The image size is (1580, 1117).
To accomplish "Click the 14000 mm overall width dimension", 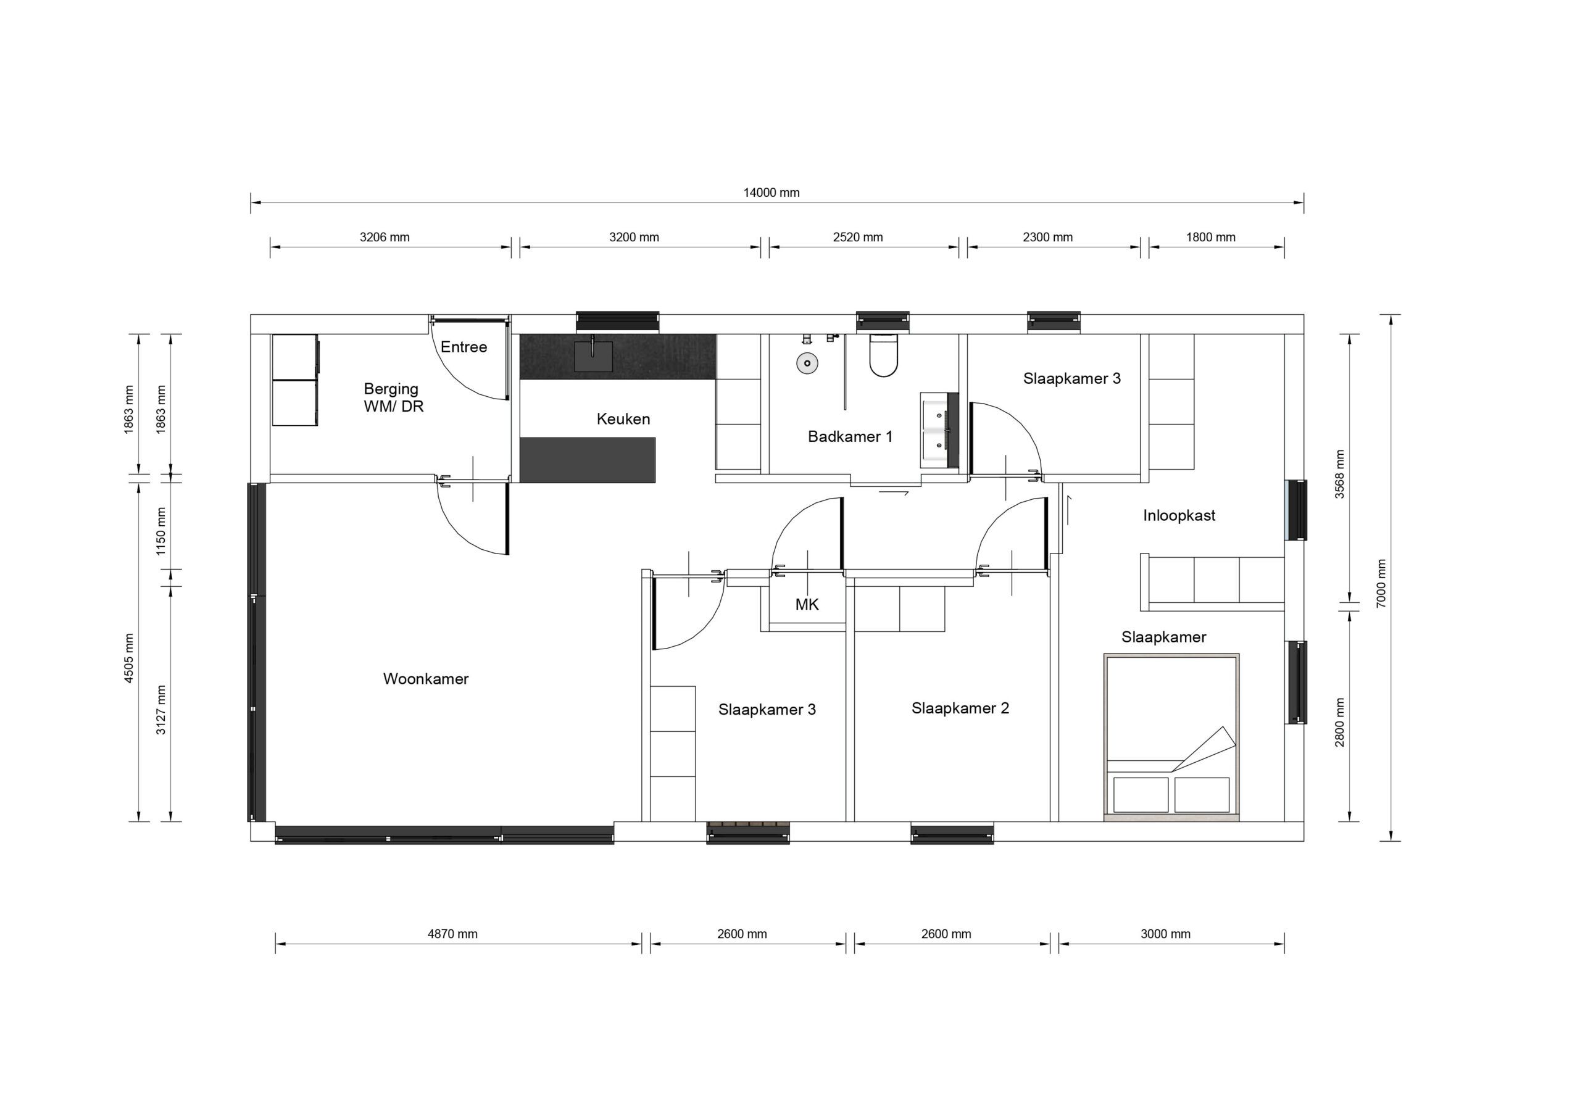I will point(771,193).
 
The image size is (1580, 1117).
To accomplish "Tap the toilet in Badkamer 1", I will point(883,356).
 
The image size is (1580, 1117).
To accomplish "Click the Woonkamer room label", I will point(425,679).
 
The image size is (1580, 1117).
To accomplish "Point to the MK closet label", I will point(807,604).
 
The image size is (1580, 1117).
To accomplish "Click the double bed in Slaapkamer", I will point(1171,736).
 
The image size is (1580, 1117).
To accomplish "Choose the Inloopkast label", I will point(1179,515).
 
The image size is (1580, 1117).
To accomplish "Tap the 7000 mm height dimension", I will point(1381,582).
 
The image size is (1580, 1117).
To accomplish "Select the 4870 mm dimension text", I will point(452,934).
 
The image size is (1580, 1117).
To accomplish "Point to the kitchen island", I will point(587,460).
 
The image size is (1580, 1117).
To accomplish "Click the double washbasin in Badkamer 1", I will point(934,431).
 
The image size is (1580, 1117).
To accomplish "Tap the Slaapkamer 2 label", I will point(960,708).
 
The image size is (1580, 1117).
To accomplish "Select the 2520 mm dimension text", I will point(857,238).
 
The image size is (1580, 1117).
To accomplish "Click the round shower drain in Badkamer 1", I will point(807,363).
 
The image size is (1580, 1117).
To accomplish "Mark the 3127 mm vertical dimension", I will point(161,710).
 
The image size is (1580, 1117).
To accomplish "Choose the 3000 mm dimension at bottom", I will point(1165,934).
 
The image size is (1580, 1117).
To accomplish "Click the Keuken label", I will point(623,418).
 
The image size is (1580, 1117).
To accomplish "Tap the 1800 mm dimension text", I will point(1210,238).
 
